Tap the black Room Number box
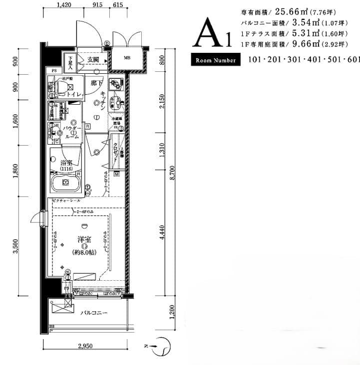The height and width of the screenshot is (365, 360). tap(216, 60)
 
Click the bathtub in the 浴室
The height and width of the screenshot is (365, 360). tap(65, 183)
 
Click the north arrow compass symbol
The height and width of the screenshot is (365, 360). tap(162, 345)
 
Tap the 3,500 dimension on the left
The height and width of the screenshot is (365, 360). tap(15, 245)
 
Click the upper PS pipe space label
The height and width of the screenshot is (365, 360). tap(54, 70)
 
